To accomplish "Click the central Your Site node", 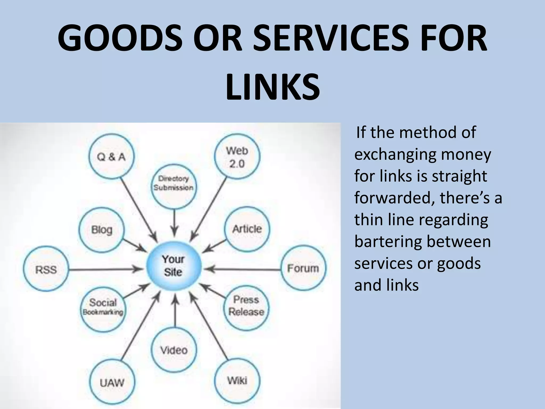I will tap(174, 266).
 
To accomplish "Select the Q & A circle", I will tap(111, 157).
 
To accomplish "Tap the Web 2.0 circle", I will tap(237, 157).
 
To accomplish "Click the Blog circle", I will tap(102, 230).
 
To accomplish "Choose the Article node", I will tap(247, 229).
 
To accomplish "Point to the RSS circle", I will tap(46, 269).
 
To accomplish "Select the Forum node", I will tap(303, 268).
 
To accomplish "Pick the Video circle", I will tap(174, 350).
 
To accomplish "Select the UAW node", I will tap(112, 382).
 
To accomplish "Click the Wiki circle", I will tap(237, 380).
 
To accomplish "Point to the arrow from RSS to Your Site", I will tap(106, 269).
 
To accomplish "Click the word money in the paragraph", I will tap(466, 154).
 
